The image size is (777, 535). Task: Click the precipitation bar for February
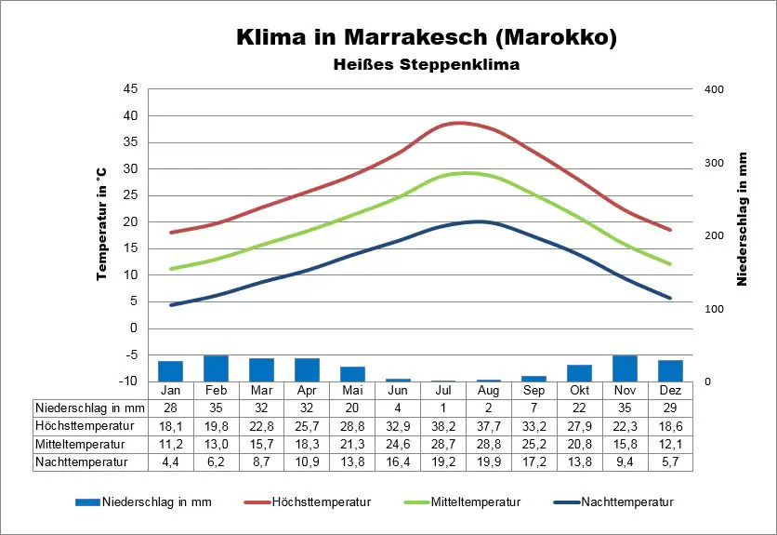point(216,368)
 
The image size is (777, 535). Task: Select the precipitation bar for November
point(625,368)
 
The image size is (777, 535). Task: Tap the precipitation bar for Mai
point(352,374)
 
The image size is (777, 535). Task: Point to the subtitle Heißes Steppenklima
point(427,65)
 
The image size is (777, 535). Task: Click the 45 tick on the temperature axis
point(130,89)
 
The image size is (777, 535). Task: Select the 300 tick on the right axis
point(714,163)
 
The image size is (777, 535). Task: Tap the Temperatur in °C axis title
point(101,223)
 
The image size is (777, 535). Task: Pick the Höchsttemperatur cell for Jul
point(442,425)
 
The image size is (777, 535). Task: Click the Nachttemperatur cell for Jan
point(171,461)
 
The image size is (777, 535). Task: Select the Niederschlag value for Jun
point(398,408)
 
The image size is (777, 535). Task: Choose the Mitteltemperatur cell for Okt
point(579,443)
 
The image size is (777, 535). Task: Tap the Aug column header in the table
point(488,391)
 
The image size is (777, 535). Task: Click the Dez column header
point(669,391)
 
